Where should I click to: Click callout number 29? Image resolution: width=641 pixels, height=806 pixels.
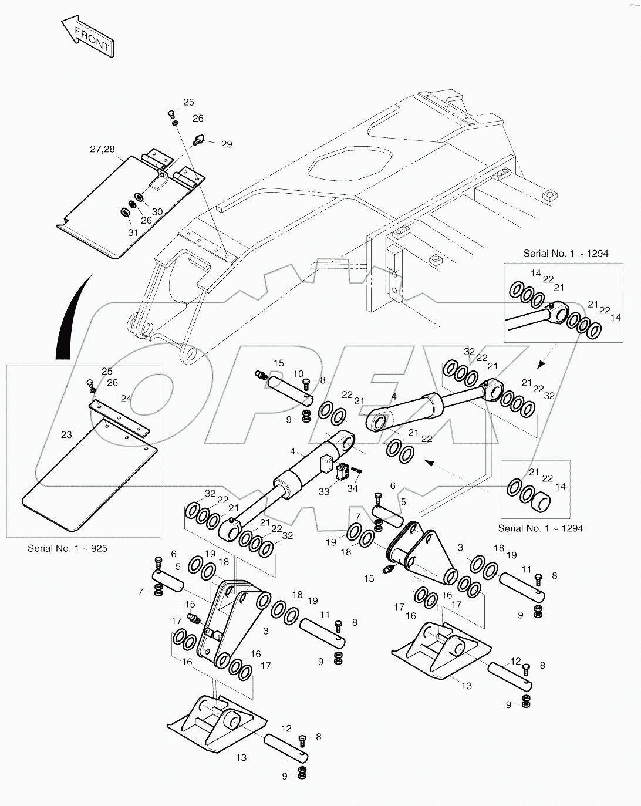[226, 144]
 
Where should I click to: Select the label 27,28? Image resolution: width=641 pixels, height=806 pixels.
[102, 149]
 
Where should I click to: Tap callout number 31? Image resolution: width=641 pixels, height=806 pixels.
[133, 232]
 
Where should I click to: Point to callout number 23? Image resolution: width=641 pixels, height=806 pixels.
[66, 435]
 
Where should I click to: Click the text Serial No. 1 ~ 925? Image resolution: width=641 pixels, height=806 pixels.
[68, 548]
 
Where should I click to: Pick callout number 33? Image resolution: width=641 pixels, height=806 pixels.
[324, 492]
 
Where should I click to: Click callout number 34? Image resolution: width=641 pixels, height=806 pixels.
[352, 488]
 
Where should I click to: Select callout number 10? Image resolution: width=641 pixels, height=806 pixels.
[298, 374]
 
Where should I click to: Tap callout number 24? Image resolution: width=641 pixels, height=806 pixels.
[126, 398]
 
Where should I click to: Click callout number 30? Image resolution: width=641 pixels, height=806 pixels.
[157, 212]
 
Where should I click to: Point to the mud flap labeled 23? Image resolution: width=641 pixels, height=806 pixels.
[88, 475]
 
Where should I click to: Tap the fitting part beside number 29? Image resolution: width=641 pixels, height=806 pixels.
[199, 139]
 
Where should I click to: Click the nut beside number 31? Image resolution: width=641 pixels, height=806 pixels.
[124, 211]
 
